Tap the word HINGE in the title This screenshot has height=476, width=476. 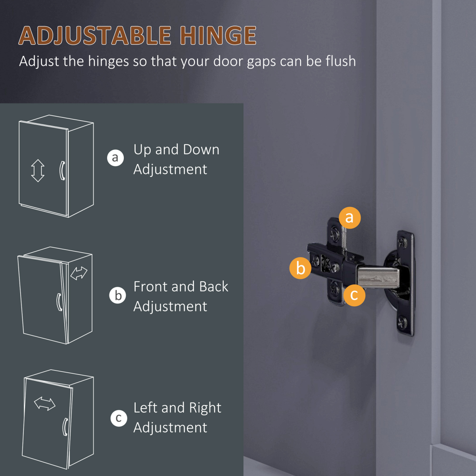[x=218, y=36]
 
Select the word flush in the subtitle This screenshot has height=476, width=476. [x=340, y=61]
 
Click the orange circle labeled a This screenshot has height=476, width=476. [x=349, y=218]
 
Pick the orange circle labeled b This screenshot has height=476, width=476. [x=300, y=268]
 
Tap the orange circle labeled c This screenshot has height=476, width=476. [x=354, y=295]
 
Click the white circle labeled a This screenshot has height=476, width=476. [x=115, y=157]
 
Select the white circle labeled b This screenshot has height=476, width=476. [x=117, y=296]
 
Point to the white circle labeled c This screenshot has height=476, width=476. [x=119, y=418]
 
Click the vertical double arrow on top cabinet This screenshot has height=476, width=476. [x=38, y=171]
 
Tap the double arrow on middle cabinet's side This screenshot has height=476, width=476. [x=79, y=273]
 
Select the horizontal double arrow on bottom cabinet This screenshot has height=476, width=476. [x=45, y=403]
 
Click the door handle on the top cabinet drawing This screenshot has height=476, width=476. [x=62, y=171]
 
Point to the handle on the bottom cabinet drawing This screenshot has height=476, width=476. [x=65, y=427]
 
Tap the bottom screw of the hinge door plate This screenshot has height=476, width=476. [x=402, y=322]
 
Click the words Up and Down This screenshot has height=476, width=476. [x=177, y=150]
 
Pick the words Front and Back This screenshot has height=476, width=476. [x=181, y=286]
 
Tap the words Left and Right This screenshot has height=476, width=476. [x=177, y=408]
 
